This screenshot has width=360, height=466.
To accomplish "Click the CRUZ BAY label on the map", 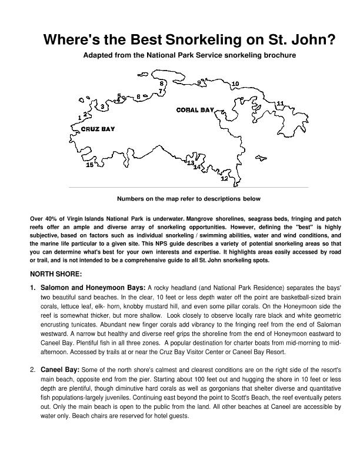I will [x=98, y=129].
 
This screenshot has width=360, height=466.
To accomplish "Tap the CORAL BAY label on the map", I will [x=195, y=110].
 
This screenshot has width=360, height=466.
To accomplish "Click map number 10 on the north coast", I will [x=235, y=84].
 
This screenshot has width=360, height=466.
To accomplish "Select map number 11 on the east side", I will [x=280, y=104].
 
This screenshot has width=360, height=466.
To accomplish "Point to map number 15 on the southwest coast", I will [x=89, y=165].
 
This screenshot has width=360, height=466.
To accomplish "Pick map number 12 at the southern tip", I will [x=224, y=178].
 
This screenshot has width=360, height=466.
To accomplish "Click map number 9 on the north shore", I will [x=199, y=83].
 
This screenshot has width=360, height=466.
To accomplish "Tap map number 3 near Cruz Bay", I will [x=103, y=107].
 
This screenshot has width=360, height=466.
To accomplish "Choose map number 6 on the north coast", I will [x=138, y=96].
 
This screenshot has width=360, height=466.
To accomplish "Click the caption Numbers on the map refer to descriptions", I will [x=188, y=199].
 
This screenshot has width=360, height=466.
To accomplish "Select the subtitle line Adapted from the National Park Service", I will [x=189, y=55].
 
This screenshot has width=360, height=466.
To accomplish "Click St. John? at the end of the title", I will [x=306, y=41].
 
